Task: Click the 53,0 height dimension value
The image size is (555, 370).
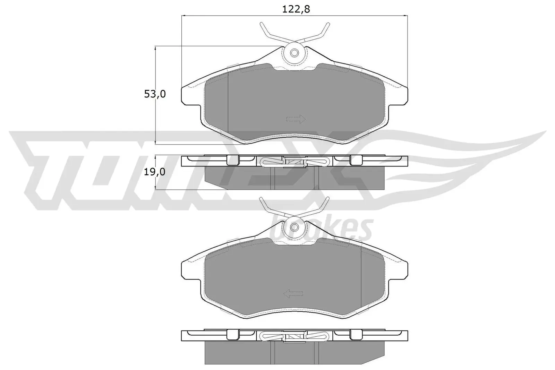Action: pyautogui.click(x=155, y=94)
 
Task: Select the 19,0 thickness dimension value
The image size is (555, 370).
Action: pyautogui.click(x=155, y=172)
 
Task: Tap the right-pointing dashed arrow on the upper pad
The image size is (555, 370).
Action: pyautogui.click(x=296, y=119)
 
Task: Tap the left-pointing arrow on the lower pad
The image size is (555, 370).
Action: pyautogui.click(x=293, y=294)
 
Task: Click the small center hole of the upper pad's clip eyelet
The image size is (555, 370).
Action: pyautogui.click(x=294, y=53)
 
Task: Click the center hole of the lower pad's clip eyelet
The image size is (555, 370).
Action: pyautogui.click(x=294, y=227)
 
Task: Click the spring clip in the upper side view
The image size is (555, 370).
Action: pyautogui.click(x=294, y=161)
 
